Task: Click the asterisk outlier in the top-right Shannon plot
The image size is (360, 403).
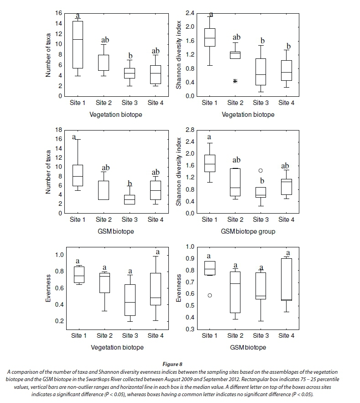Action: click(x=235, y=81)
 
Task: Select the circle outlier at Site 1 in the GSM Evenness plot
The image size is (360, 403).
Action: click(x=209, y=295)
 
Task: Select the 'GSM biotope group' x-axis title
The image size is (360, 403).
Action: click(x=248, y=231)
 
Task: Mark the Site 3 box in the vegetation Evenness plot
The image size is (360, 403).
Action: click(x=130, y=300)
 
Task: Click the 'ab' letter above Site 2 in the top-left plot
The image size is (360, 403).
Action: click(x=105, y=41)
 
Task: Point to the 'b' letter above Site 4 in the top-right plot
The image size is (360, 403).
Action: click(x=288, y=46)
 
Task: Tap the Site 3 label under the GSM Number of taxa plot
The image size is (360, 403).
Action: click(x=130, y=220)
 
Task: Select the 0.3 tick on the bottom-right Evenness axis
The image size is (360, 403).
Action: click(x=190, y=329)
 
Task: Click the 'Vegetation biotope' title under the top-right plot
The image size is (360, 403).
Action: click(x=248, y=115)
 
